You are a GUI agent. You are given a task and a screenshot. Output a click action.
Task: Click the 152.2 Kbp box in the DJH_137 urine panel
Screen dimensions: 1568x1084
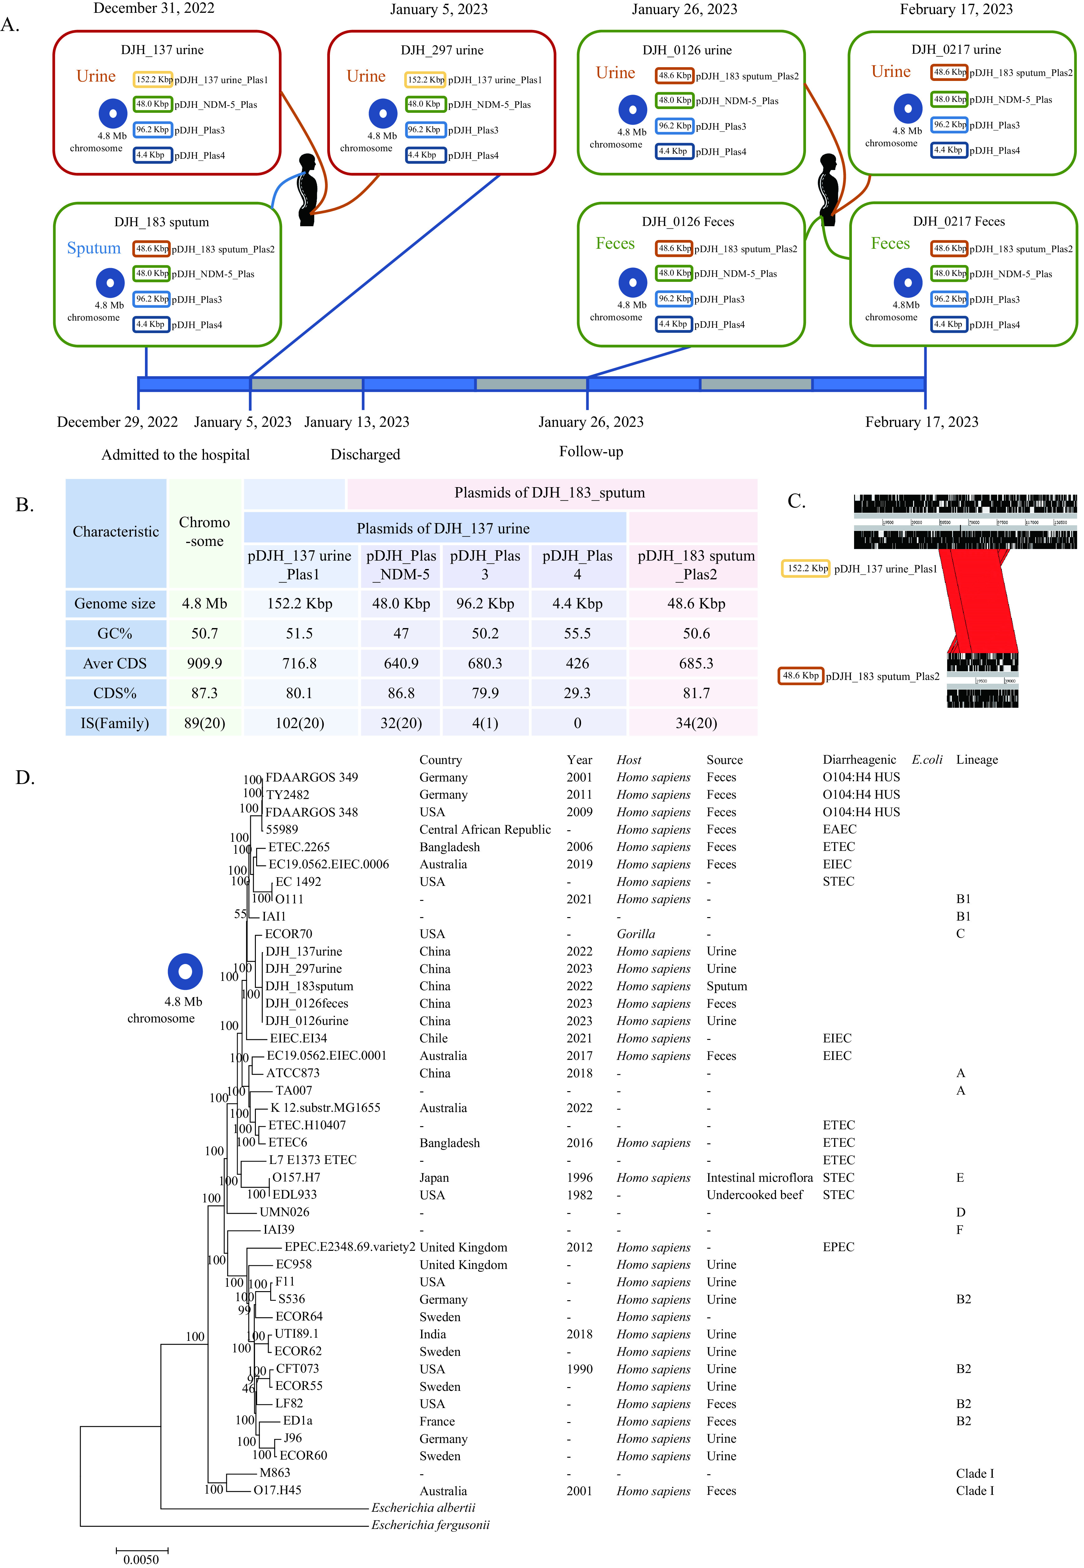tap(153, 79)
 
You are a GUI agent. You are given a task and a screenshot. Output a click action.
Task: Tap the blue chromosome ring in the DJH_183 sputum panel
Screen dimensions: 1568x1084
tap(110, 282)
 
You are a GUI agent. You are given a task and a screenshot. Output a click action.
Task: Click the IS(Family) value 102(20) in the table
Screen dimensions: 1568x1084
tap(300, 723)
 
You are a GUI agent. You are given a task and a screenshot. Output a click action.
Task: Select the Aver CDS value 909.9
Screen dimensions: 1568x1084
tap(204, 663)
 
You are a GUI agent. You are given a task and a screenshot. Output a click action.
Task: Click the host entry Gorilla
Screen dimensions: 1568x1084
tap(636, 933)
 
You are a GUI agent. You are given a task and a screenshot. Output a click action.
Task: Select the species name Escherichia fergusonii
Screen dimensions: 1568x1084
tap(430, 1525)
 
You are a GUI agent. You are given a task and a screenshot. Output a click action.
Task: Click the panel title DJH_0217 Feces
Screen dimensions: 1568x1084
tap(958, 222)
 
